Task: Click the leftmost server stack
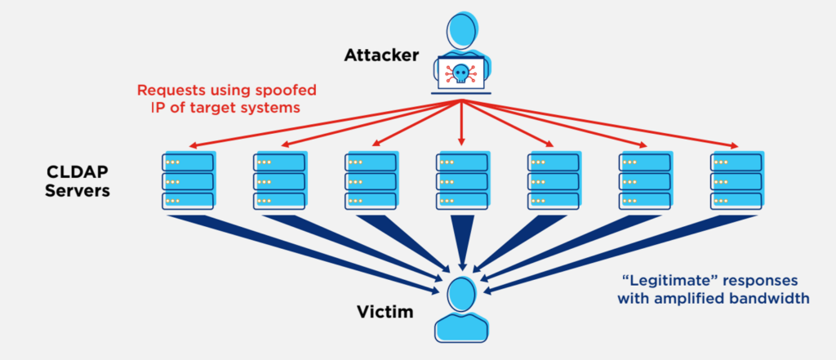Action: pyautogui.click(x=187, y=180)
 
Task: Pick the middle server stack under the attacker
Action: pyautogui.click(x=461, y=180)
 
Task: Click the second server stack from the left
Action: pyautogui.click(x=278, y=180)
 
